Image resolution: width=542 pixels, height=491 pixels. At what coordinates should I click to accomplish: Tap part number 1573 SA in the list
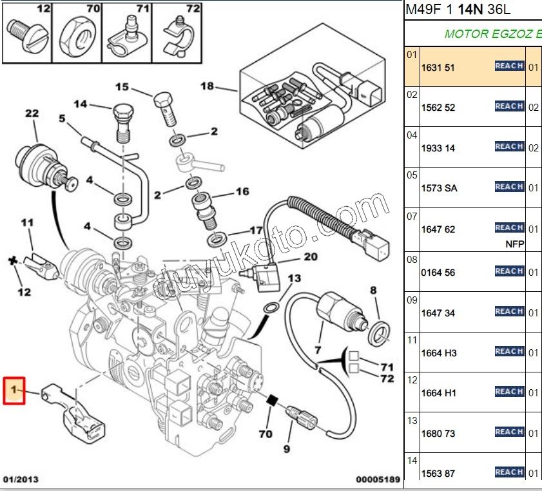(x=440, y=188)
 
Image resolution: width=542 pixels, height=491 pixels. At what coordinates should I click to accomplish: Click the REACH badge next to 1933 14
(x=509, y=147)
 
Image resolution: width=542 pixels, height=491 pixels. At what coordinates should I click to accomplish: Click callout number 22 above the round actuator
(x=32, y=114)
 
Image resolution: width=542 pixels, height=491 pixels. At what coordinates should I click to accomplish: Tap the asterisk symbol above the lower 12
(x=11, y=261)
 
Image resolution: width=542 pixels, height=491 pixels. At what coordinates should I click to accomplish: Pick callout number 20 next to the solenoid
(x=311, y=256)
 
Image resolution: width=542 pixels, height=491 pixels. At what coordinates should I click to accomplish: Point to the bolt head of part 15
(x=164, y=102)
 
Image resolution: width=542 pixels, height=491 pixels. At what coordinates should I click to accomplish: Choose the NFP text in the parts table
(x=515, y=244)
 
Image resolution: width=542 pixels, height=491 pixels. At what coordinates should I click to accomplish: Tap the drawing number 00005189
(x=379, y=480)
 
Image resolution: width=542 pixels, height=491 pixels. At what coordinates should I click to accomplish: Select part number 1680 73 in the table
(x=438, y=434)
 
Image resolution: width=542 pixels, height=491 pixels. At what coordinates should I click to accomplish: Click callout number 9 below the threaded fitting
(x=287, y=448)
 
